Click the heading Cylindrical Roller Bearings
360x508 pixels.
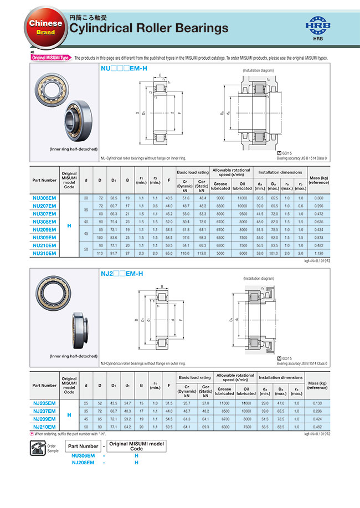click(x=148, y=28)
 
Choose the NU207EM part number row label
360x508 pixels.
click(x=44, y=206)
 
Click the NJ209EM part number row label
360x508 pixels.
click(x=44, y=419)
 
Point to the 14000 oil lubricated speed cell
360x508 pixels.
click(x=246, y=404)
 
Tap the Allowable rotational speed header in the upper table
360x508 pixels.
click(x=232, y=172)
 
